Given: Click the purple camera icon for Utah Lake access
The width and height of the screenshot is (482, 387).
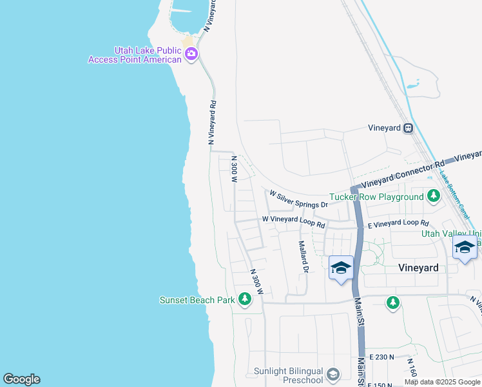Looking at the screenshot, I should tap(191, 55).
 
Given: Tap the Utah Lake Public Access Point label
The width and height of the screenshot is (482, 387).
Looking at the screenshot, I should tap(148, 55).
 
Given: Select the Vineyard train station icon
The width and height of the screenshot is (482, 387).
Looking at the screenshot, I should tap(408, 128).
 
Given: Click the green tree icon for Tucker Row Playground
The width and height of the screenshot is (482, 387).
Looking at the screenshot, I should tap(434, 195).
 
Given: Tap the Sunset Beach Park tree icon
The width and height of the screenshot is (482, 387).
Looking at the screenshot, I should tap(244, 299).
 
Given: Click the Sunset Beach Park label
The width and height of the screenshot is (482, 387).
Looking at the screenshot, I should tap(197, 299).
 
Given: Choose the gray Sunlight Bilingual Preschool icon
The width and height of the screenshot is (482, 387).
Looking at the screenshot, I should tap(333, 374).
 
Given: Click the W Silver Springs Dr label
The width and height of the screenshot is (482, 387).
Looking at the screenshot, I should tap(299, 199).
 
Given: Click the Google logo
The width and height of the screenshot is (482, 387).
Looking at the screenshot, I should tap(21, 379).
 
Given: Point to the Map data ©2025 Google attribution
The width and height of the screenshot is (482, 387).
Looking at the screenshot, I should tap(441, 382).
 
